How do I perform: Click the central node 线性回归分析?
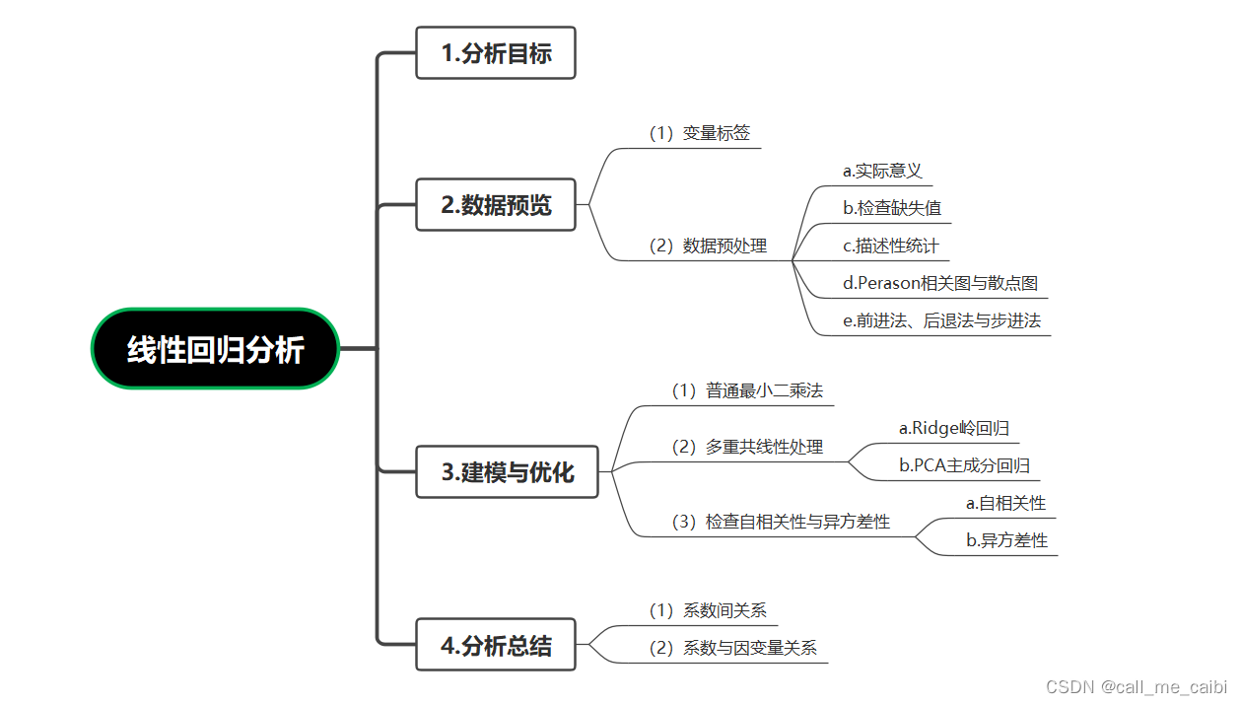point(215,349)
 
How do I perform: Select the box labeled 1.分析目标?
point(495,53)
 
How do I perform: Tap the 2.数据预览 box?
point(495,205)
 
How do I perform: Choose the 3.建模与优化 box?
point(507,472)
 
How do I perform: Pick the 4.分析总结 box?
point(495,646)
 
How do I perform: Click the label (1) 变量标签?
point(699,133)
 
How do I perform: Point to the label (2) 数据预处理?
point(707,246)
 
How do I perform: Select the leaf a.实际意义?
point(882,171)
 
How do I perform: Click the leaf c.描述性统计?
point(891,246)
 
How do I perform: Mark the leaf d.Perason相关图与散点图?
point(939,283)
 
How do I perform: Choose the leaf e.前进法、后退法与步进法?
point(941,320)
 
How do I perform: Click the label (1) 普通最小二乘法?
point(746,390)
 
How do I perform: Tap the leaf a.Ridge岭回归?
point(953,428)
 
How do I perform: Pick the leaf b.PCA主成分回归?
point(964,465)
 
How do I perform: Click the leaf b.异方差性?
point(1006,540)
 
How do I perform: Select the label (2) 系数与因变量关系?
point(732,648)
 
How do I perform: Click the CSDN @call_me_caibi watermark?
point(1136,686)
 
